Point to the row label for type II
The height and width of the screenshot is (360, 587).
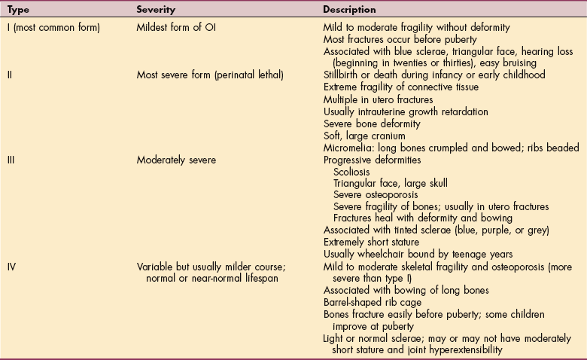click(x=8, y=75)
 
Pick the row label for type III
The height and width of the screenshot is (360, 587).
click(x=10, y=160)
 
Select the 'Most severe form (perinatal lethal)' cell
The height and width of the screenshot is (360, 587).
click(x=212, y=75)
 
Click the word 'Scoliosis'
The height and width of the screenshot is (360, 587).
click(x=352, y=172)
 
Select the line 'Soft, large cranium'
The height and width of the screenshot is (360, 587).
click(x=364, y=136)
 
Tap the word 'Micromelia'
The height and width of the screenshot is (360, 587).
click(x=346, y=148)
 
